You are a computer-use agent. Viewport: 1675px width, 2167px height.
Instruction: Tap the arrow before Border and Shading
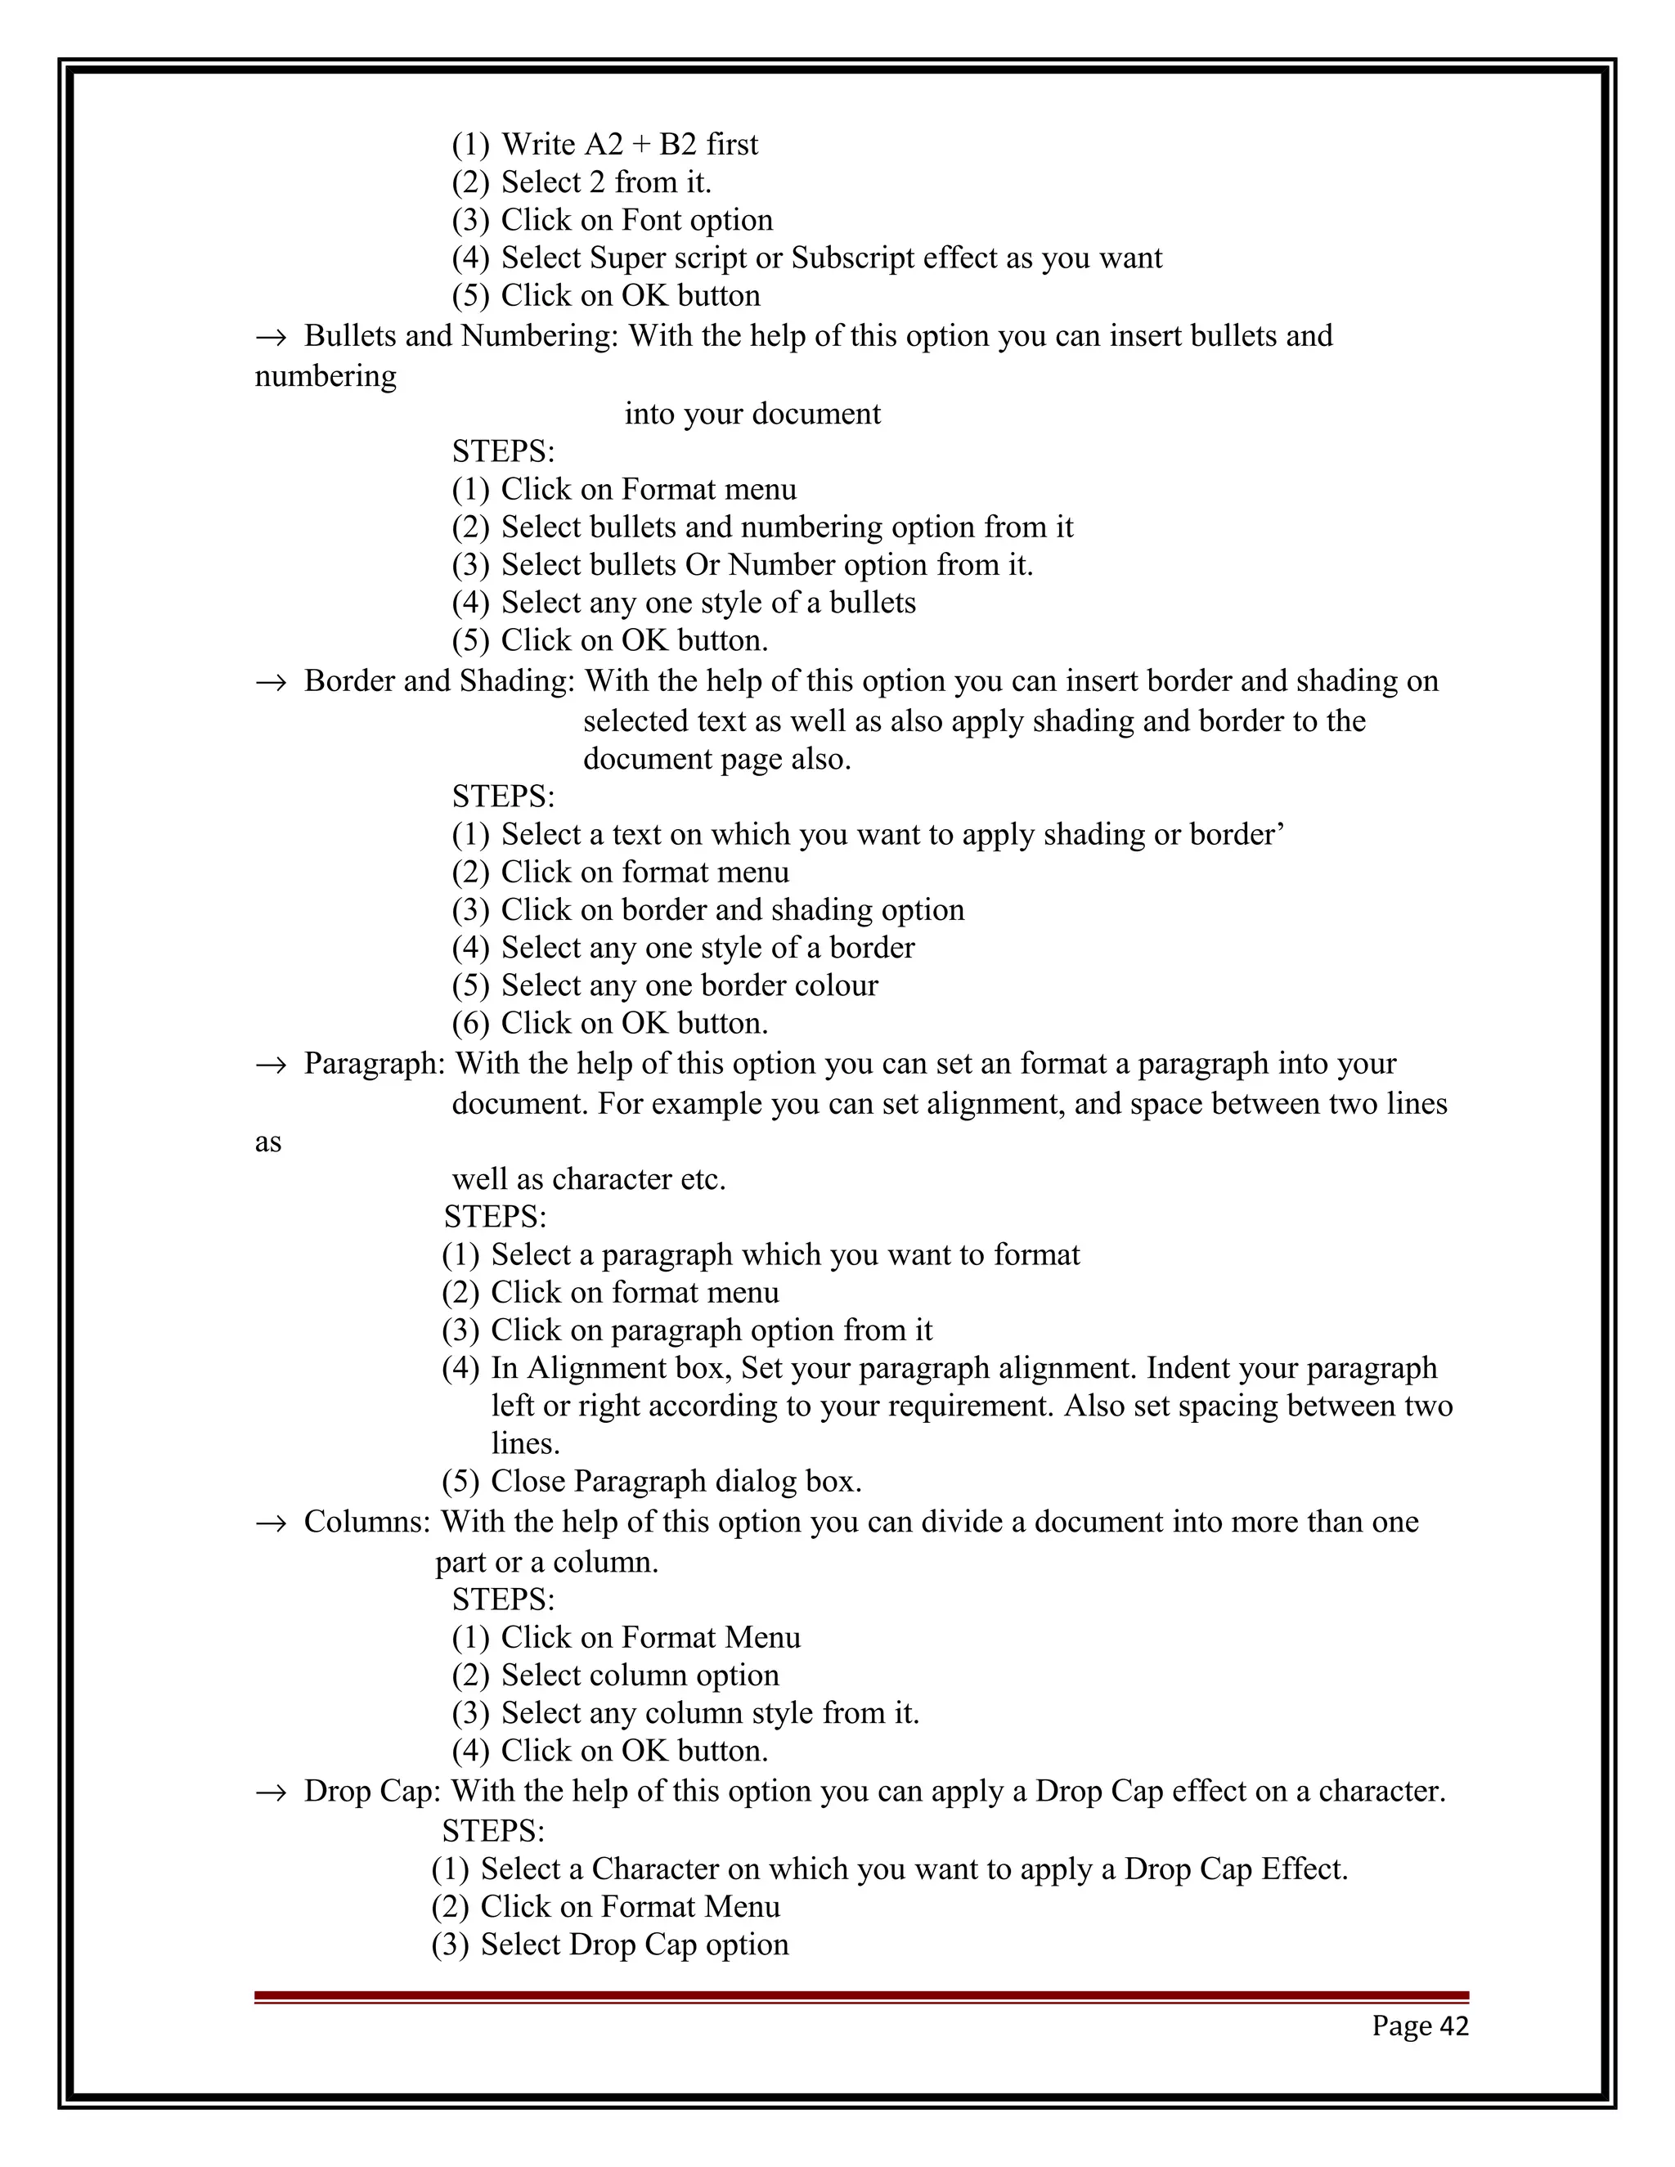[270, 683]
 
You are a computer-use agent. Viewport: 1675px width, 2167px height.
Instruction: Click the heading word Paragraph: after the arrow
[375, 1064]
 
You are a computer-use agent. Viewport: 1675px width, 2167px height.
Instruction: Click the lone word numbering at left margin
[326, 376]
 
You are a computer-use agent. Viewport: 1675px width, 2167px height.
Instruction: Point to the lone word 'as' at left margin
[268, 1142]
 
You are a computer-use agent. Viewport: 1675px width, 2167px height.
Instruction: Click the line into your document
[752, 414]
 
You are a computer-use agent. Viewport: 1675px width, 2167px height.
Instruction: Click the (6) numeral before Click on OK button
[470, 1023]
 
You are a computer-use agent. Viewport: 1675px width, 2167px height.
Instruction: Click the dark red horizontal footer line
[861, 1995]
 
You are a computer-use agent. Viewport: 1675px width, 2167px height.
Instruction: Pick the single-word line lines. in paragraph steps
[526, 1443]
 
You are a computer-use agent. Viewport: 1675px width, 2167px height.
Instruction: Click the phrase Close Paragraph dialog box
[676, 1482]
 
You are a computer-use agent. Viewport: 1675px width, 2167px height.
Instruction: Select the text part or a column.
[547, 1562]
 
